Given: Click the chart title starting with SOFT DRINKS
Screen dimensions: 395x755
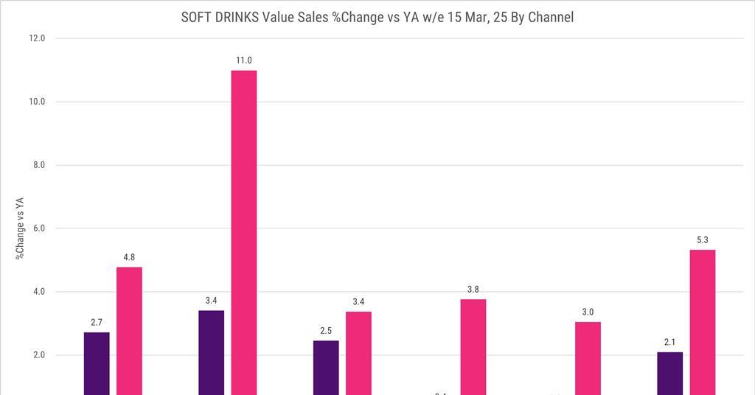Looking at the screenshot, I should pyautogui.click(x=377, y=17).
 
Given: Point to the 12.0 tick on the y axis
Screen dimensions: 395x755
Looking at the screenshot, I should pyautogui.click(x=36, y=38).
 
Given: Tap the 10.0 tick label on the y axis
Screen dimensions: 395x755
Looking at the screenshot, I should pyautogui.click(x=36, y=102).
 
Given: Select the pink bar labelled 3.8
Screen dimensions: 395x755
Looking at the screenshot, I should pyautogui.click(x=473, y=346).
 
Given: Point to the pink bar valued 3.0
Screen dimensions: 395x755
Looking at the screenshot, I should pyautogui.click(x=588, y=358).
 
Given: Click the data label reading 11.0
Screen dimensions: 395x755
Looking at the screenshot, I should pyautogui.click(x=244, y=60).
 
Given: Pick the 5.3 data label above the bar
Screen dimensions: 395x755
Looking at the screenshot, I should pyautogui.click(x=703, y=240).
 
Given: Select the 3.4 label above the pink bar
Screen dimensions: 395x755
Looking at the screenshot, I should pyautogui.click(x=358, y=301).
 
